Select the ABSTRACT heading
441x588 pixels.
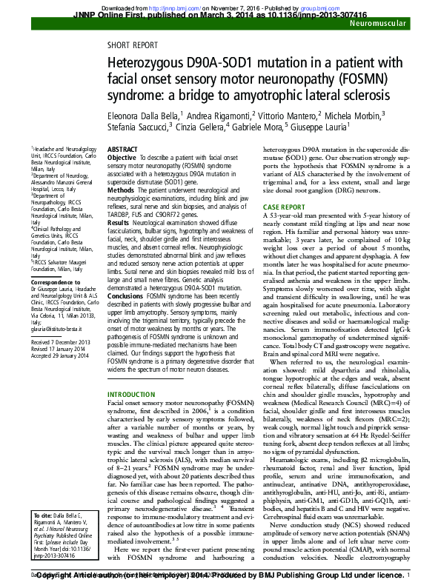click(x=122, y=149)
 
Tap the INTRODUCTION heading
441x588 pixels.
click(x=133, y=394)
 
